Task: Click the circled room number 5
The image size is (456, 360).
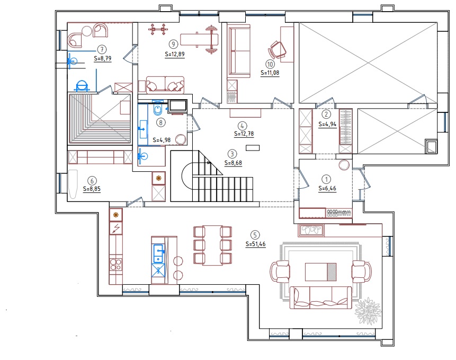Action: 255,235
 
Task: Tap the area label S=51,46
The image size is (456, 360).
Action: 256,244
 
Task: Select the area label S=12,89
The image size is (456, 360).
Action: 174,54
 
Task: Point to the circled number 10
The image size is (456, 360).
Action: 270,64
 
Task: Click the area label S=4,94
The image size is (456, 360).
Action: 327,124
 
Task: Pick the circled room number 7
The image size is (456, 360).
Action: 102,49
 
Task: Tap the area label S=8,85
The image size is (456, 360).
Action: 92,189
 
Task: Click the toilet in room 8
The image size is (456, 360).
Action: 157,109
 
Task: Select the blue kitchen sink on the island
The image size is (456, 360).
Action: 158,254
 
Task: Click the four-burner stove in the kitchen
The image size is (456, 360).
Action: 116,265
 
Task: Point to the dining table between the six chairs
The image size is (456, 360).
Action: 212,245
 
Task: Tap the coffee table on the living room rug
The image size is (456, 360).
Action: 321,272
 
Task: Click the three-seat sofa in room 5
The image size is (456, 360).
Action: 321,297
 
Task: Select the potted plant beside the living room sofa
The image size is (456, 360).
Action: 368,311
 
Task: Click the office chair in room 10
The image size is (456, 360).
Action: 278,49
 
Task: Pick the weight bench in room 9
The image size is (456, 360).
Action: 199,40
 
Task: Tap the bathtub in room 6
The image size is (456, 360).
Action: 73,184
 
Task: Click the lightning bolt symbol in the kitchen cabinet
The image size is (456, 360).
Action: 116,228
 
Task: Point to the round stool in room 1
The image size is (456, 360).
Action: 344,165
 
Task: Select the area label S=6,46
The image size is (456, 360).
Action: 327,188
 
